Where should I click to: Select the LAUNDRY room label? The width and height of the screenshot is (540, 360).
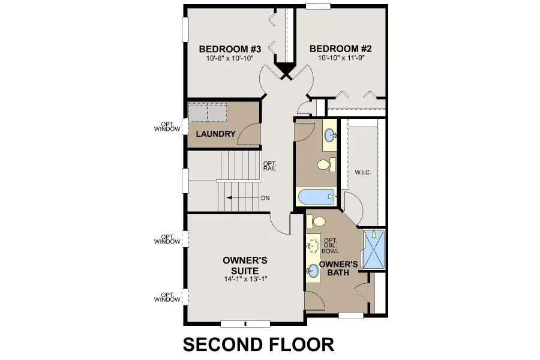point(215,134)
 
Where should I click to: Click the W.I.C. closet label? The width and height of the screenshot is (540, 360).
point(363,173)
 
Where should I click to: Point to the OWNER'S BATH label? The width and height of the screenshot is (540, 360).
point(338,269)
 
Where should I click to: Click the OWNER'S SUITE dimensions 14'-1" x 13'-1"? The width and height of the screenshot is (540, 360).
point(245,279)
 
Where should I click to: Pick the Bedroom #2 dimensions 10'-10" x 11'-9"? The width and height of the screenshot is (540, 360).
point(337,59)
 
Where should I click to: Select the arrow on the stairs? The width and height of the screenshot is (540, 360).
point(240,197)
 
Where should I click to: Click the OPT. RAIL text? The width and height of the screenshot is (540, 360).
point(269,165)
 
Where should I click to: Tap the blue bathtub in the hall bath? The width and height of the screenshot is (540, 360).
point(316,196)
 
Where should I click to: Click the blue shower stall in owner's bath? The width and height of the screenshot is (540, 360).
point(374,249)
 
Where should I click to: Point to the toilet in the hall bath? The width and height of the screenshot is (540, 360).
point(325,164)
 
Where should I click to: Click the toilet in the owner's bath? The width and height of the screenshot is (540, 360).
point(314,221)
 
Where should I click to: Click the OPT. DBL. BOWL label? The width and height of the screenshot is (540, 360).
point(331,246)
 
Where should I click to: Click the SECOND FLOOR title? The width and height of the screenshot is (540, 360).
point(258,344)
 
